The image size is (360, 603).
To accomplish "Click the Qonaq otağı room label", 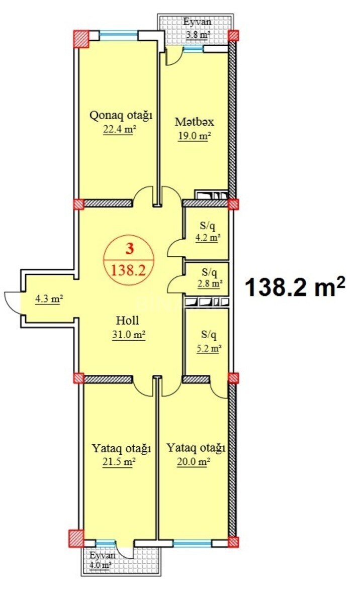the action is tap(121, 116).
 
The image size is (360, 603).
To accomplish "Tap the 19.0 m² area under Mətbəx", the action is tap(194, 136).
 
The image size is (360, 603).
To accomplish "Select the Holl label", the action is tap(128, 321).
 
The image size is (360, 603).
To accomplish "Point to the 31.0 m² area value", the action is tap(129, 335).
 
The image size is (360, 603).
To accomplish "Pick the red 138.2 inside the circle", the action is tap(129, 270).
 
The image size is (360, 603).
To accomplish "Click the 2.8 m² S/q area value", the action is tap(209, 283).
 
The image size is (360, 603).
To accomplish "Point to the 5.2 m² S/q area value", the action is tap(208, 349).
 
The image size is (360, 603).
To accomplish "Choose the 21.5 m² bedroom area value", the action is tap(119, 462).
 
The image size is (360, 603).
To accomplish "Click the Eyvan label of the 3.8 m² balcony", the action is tap(197, 22).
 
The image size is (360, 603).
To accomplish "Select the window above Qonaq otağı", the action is tap(119, 34).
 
